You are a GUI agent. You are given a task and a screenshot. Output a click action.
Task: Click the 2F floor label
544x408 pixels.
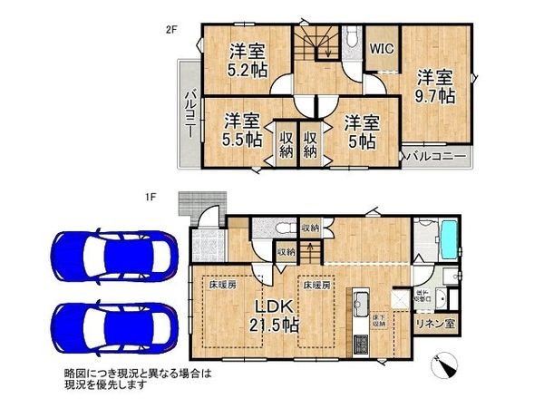click(170, 29)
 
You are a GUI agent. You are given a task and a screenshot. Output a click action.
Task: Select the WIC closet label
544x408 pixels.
click(379, 51)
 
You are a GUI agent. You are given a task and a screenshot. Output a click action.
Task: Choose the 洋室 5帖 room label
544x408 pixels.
click(359, 129)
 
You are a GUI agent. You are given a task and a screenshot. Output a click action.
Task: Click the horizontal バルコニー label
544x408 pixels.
click(436, 157)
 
